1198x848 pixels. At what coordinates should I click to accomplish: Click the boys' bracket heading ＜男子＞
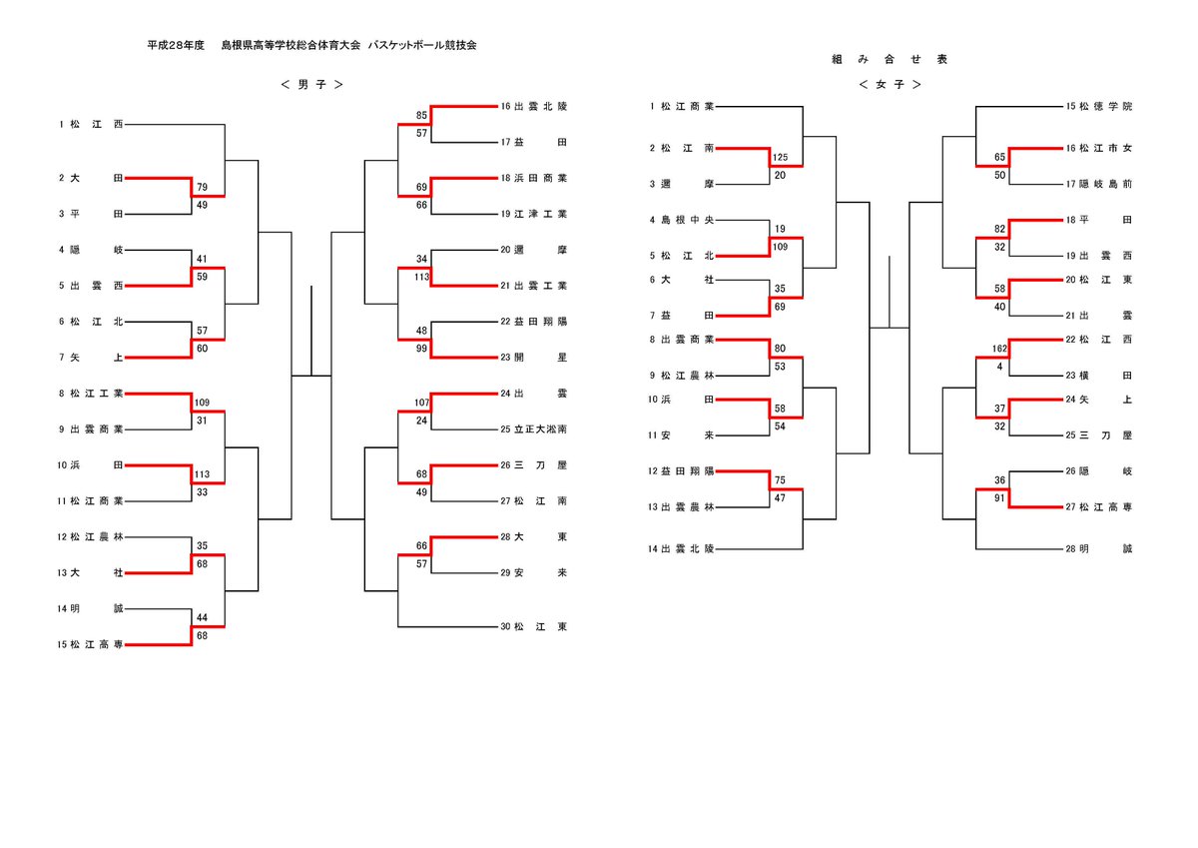click(311, 85)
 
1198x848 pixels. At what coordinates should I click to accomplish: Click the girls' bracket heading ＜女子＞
click(890, 85)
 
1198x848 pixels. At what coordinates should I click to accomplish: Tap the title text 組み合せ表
click(890, 59)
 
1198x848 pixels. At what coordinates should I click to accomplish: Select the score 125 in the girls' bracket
click(780, 157)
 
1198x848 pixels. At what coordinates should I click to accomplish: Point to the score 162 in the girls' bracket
click(999, 349)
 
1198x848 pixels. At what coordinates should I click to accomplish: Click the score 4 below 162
click(999, 367)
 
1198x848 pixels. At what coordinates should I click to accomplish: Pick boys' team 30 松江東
click(533, 626)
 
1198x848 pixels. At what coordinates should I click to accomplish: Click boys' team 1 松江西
click(91, 124)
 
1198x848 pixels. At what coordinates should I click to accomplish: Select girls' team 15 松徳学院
click(1098, 107)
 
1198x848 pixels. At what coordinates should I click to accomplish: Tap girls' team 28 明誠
click(1098, 549)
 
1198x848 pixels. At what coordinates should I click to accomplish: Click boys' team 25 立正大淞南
click(533, 429)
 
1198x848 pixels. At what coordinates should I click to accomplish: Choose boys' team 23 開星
click(533, 358)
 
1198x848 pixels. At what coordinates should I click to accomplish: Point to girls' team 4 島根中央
click(681, 220)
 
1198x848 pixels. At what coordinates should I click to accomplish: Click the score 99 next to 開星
click(421, 349)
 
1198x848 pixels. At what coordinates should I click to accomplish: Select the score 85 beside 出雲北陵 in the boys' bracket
click(421, 116)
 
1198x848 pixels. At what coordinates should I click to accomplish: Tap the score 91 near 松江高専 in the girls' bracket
click(999, 498)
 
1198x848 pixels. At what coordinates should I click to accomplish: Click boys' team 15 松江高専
click(91, 644)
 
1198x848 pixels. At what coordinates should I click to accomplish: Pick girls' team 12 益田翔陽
click(681, 471)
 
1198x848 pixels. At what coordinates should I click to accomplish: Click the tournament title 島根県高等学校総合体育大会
click(291, 46)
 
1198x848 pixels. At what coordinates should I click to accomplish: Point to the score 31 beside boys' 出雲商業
click(202, 421)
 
